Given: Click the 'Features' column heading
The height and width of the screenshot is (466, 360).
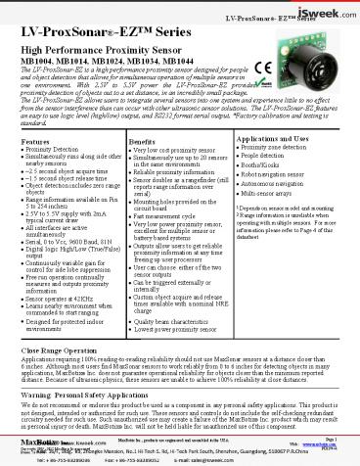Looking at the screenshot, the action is (38, 142).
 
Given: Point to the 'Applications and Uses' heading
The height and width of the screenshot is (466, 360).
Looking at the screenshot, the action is (273, 142).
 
